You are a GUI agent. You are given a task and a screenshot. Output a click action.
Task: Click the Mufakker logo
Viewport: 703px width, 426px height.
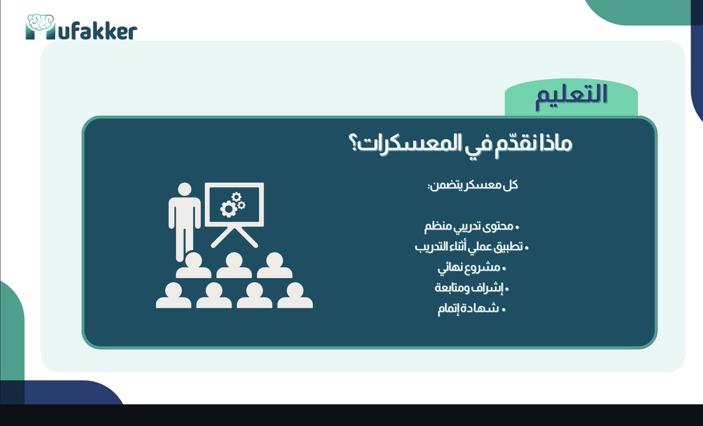pyautogui.click(x=81, y=28)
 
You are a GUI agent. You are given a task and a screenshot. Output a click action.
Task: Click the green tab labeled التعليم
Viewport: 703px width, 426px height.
pyautogui.click(x=571, y=96)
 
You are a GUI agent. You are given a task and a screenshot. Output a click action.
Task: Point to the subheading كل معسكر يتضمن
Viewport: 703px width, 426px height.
pyautogui.click(x=475, y=185)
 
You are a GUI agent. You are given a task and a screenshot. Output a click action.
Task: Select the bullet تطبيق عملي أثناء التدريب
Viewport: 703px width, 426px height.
pyautogui.click(x=472, y=247)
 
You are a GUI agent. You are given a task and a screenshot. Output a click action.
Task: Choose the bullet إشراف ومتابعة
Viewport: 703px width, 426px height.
pyautogui.click(x=472, y=288)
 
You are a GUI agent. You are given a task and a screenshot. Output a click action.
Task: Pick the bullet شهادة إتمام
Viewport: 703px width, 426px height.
pyautogui.click(x=471, y=309)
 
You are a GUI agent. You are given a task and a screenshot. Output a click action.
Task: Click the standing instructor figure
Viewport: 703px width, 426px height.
pyautogui.click(x=185, y=220)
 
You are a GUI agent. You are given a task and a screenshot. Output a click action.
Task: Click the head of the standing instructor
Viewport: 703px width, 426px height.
pyautogui.click(x=185, y=190)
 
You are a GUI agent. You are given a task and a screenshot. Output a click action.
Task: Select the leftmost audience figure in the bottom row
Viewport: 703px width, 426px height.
pyautogui.click(x=173, y=295)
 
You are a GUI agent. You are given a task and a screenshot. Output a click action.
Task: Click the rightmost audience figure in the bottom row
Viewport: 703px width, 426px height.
pyautogui.click(x=295, y=295)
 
